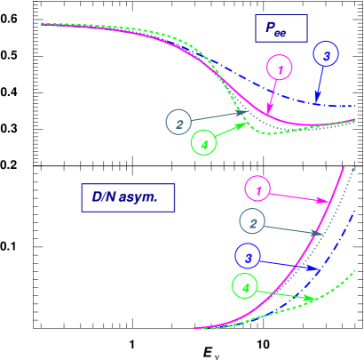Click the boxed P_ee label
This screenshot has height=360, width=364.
(x=281, y=28)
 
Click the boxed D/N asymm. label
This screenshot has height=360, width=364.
(x=128, y=197)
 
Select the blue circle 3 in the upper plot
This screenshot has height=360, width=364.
(x=326, y=56)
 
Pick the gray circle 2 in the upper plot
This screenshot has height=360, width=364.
(x=179, y=123)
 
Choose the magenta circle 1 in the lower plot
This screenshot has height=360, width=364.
(x=257, y=188)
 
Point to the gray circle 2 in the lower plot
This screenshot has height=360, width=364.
(x=253, y=222)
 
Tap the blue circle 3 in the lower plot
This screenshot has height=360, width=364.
(x=249, y=257)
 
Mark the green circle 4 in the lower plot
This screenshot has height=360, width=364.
(x=245, y=287)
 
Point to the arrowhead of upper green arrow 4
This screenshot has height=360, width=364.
(x=246, y=124)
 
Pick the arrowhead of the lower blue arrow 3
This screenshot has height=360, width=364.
(x=321, y=268)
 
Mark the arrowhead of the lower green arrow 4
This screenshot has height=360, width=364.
(x=315, y=299)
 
